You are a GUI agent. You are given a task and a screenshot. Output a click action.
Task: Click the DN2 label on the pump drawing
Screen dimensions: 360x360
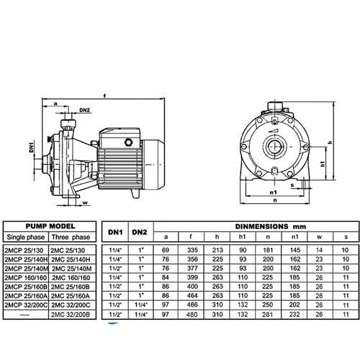[x=84, y=110]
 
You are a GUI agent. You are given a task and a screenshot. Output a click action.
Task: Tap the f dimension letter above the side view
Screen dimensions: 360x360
[x=105, y=94]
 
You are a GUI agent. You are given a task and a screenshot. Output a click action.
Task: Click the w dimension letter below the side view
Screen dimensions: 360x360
[x=86, y=204]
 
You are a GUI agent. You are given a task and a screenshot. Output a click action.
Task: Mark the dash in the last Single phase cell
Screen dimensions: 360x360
[x=22, y=314]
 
